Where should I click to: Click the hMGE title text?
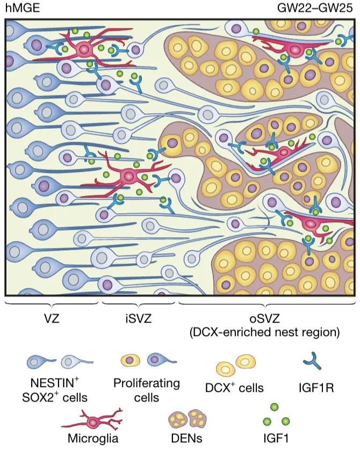tap(19, 8)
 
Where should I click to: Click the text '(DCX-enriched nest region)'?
tap(265, 333)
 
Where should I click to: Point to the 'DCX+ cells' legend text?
tap(237, 384)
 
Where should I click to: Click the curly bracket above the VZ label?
tap(52, 305)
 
